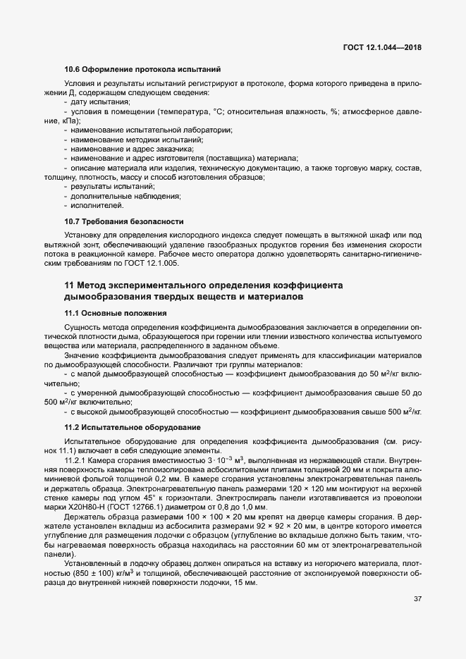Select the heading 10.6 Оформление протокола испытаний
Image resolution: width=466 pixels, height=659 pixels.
142,69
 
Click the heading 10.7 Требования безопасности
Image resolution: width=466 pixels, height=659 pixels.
123,221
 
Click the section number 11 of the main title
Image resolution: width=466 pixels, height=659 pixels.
69,285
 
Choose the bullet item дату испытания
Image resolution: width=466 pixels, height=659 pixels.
95,102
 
